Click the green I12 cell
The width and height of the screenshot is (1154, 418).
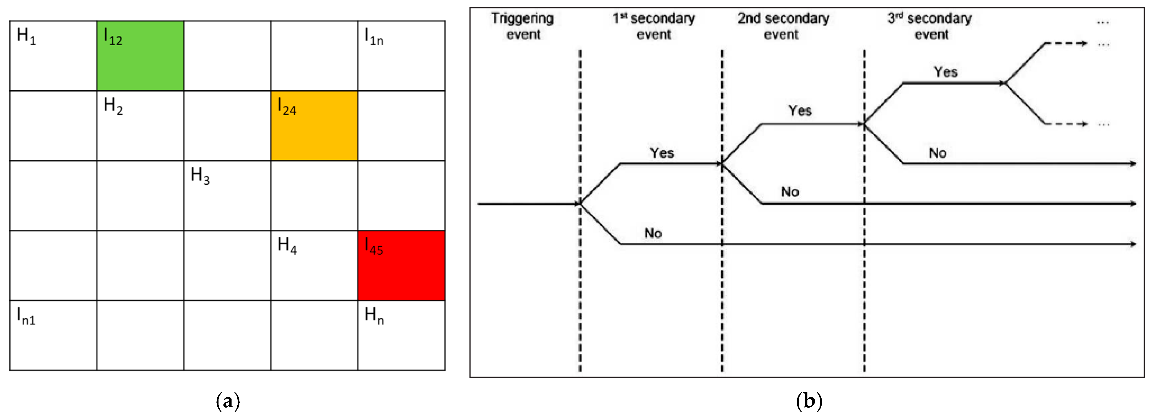click(140, 56)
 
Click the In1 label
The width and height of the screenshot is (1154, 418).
click(26, 316)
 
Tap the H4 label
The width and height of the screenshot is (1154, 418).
click(287, 245)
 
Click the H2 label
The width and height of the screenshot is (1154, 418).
click(113, 106)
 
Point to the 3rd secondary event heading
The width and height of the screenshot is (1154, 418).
click(930, 26)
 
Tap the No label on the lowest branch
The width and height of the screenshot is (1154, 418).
click(653, 233)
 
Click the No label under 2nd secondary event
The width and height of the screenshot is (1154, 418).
click(790, 192)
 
